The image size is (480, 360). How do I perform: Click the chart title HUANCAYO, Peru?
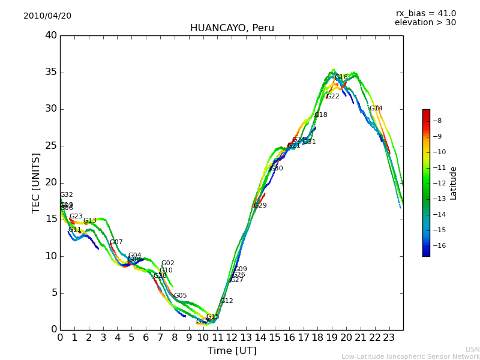(x=232, y=28)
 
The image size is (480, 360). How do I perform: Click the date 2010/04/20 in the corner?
(x=47, y=16)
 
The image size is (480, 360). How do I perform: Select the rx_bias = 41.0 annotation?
(x=425, y=14)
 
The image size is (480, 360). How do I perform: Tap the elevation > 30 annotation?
(x=425, y=23)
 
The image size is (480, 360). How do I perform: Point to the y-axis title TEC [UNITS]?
(x=37, y=182)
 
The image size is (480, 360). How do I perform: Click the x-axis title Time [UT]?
(x=232, y=351)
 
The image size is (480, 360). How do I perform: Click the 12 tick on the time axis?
(x=232, y=337)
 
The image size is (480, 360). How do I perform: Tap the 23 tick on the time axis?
(x=389, y=337)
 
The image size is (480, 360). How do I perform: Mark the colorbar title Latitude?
(x=454, y=183)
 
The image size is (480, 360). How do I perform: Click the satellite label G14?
(x=376, y=109)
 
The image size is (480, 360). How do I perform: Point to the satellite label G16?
(x=341, y=77)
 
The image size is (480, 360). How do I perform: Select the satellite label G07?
(x=116, y=242)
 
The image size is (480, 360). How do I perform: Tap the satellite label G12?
(x=226, y=301)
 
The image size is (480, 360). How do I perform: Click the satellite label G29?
(x=260, y=206)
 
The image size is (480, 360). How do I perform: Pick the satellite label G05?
(x=180, y=296)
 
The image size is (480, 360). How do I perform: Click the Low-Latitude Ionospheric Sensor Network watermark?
(x=410, y=357)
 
